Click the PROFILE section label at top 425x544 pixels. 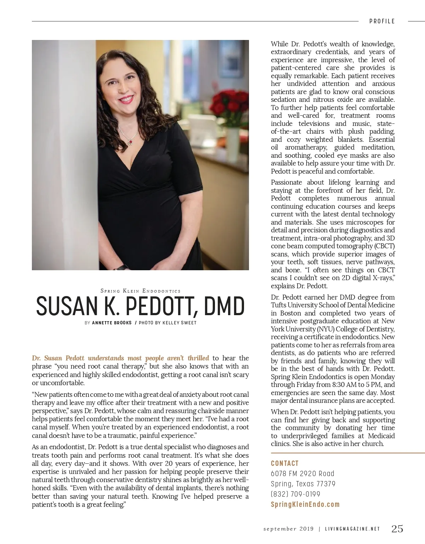coord(382,21)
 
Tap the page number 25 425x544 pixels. coord(397,528)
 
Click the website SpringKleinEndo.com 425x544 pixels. coord(305,504)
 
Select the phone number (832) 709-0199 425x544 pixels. coord(295,494)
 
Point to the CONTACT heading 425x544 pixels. coord(285,463)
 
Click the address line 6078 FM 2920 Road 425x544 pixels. coord(302,474)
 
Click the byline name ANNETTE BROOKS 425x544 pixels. coord(112,323)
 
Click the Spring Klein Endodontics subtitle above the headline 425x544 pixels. coord(141,291)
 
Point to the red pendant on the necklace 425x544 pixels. coord(130,142)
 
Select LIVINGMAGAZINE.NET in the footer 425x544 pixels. coord(352,529)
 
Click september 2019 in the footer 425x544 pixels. coord(288,529)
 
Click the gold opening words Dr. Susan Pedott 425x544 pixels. coord(58,358)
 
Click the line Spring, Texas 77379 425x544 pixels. coord(303,484)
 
